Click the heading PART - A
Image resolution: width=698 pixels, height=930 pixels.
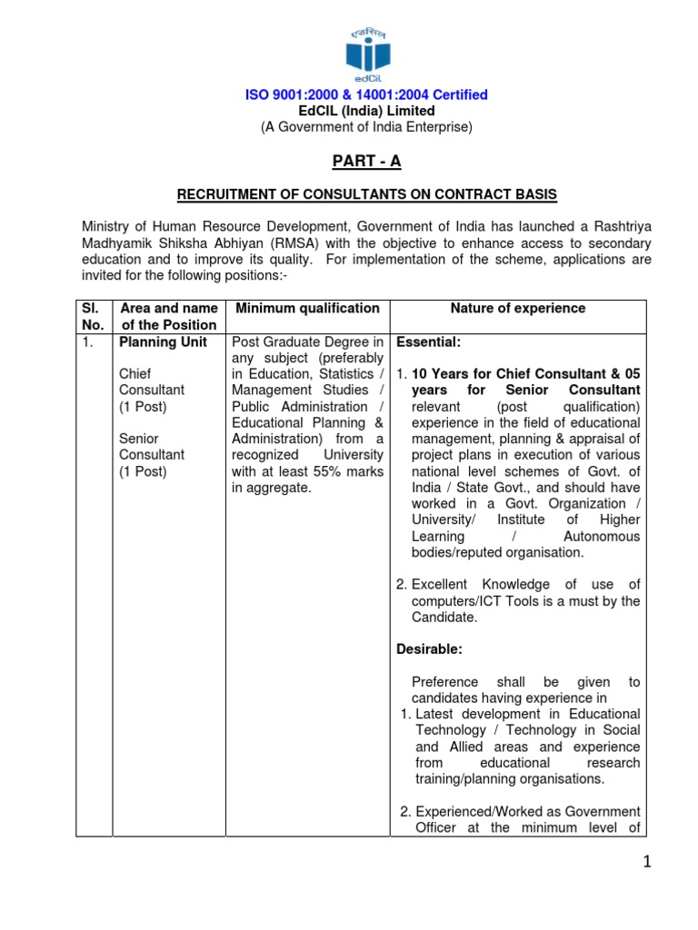(x=365, y=161)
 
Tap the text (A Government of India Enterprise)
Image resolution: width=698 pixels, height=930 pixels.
(x=366, y=127)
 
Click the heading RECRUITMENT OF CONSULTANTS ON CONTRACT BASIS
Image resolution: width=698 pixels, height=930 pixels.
(x=366, y=195)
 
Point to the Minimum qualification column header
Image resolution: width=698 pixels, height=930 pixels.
(x=307, y=309)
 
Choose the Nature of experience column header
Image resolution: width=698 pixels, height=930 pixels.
(x=518, y=309)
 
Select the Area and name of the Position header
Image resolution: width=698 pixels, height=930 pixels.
(x=168, y=316)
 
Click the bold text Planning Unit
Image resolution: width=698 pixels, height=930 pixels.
(x=164, y=342)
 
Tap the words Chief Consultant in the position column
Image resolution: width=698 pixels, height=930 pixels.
(x=152, y=381)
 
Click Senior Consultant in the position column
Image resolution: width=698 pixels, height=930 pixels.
(x=152, y=447)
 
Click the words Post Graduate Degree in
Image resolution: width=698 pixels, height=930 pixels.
(x=307, y=342)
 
